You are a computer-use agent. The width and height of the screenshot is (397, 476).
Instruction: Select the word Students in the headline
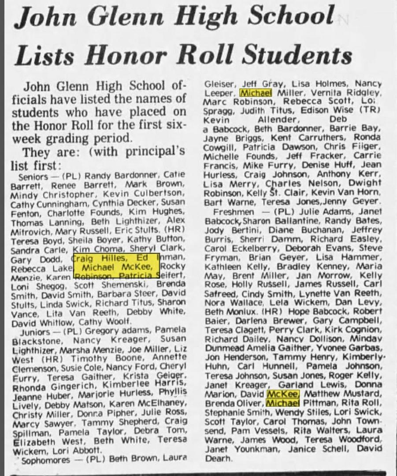[297, 56]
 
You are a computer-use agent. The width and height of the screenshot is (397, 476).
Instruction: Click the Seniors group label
[30, 175]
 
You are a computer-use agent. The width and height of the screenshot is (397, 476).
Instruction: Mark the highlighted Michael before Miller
[256, 93]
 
